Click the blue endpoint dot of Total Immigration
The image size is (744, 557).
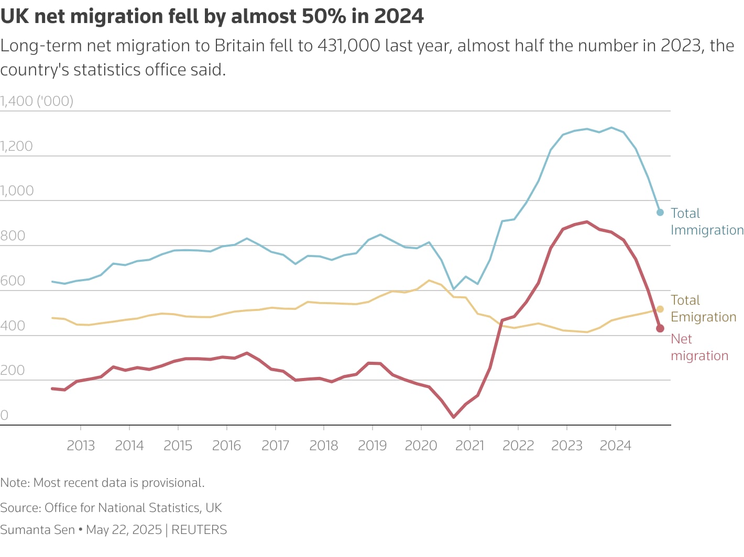pyautogui.click(x=660, y=213)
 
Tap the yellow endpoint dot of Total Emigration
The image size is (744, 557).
pyautogui.click(x=660, y=309)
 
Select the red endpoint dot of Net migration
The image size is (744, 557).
pyautogui.click(x=660, y=328)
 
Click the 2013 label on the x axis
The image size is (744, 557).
pyautogui.click(x=81, y=445)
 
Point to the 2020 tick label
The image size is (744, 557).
pyautogui.click(x=421, y=445)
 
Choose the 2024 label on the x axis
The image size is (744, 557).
pyautogui.click(x=615, y=445)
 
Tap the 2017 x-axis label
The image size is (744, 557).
pyautogui.click(x=275, y=445)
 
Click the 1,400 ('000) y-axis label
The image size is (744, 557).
pyautogui.click(x=37, y=101)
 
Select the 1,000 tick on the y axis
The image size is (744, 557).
pyautogui.click(x=17, y=191)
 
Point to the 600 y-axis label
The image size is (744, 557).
pyautogui.click(x=13, y=281)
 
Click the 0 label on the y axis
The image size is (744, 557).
pyautogui.click(x=4, y=415)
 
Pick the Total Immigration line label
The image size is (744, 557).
pyautogui.click(x=707, y=221)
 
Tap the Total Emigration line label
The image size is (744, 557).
pyautogui.click(x=703, y=308)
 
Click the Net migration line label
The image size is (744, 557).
pyautogui.click(x=699, y=347)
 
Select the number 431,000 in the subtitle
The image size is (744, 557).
pyautogui.click(x=348, y=46)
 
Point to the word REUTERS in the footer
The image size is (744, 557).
pyautogui.click(x=199, y=530)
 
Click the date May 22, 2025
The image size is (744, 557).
pyautogui.click(x=124, y=530)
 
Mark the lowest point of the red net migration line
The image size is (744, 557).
pyautogui.click(x=454, y=417)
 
